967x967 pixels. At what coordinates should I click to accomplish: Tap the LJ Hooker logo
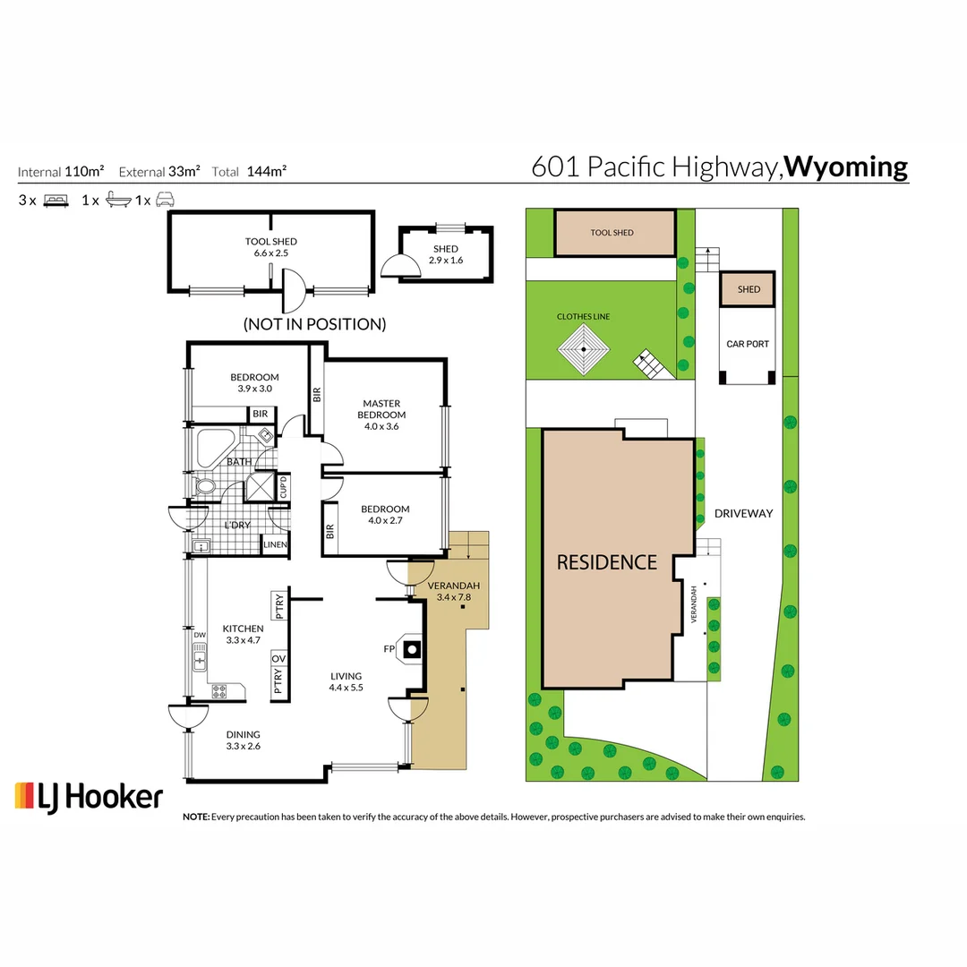pyautogui.click(x=89, y=796)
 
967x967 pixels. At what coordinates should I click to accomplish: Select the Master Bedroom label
pyautogui.click(x=381, y=409)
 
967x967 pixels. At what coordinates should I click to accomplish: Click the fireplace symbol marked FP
pyautogui.click(x=411, y=648)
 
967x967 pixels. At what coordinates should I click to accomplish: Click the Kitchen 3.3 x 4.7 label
pyautogui.click(x=243, y=634)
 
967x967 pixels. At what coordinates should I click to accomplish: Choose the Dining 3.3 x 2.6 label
pyautogui.click(x=244, y=740)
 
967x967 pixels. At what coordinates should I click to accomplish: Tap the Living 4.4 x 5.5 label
pyautogui.click(x=346, y=682)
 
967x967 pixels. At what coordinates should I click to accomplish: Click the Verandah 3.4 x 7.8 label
pyautogui.click(x=455, y=591)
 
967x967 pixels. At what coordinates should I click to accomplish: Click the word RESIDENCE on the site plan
pyautogui.click(x=606, y=562)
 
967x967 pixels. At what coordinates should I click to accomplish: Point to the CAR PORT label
pyautogui.click(x=747, y=344)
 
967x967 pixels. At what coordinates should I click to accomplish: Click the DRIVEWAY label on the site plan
pyautogui.click(x=742, y=513)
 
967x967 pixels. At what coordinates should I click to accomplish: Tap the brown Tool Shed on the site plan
pyautogui.click(x=613, y=233)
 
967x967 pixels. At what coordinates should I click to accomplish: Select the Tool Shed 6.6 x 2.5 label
pyautogui.click(x=270, y=247)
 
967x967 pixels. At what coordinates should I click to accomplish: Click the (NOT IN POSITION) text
pyautogui.click(x=314, y=324)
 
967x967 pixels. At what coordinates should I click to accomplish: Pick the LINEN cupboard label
pyautogui.click(x=274, y=545)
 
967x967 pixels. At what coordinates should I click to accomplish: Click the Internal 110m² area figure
pyautogui.click(x=61, y=172)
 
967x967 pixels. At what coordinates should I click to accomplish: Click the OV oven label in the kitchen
pyautogui.click(x=278, y=659)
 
